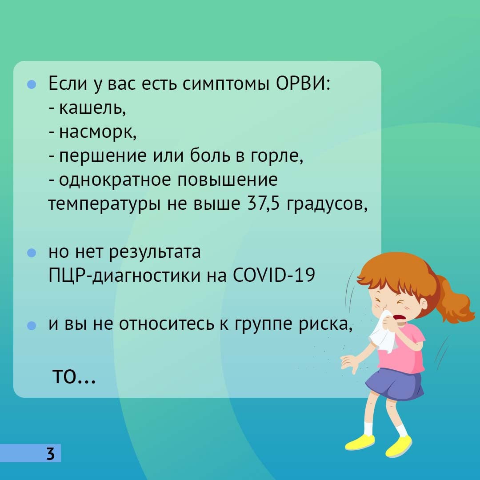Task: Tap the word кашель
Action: click(92, 108)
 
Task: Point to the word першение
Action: click(103, 156)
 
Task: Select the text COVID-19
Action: click(274, 275)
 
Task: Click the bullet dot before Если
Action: click(32, 84)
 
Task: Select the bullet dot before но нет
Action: click(32, 253)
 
